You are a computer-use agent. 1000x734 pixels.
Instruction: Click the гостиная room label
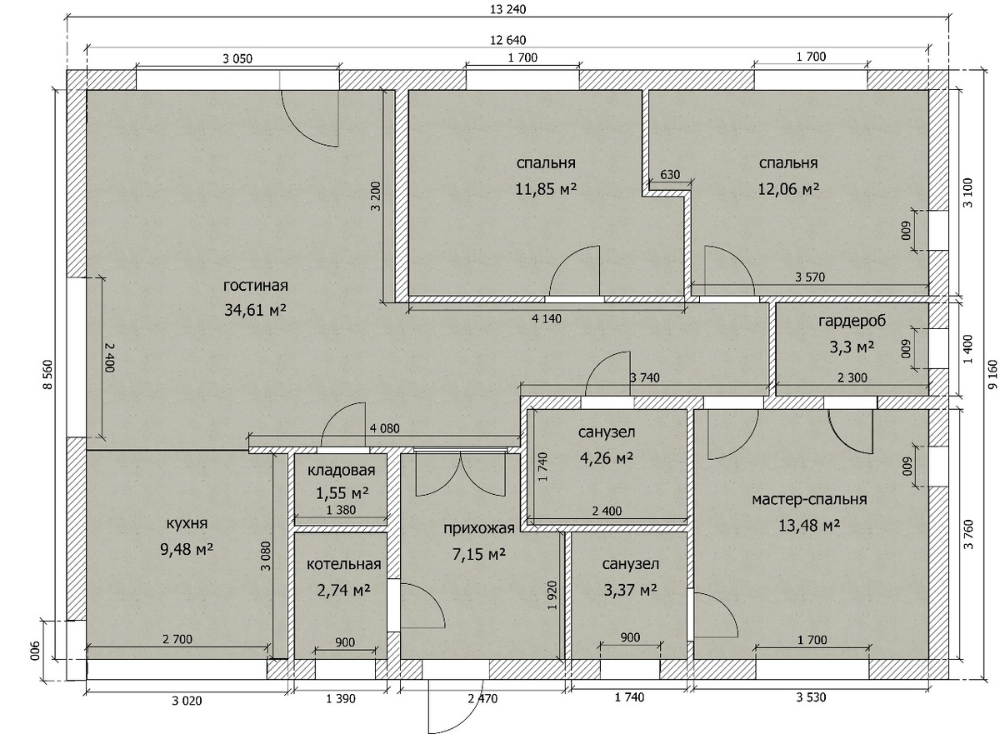(x=255, y=286)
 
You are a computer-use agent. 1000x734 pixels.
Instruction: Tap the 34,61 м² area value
(x=255, y=310)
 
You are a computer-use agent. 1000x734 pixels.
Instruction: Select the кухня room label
(x=187, y=523)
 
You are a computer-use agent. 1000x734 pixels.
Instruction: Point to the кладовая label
(x=341, y=470)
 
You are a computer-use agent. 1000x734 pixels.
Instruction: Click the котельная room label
(x=343, y=564)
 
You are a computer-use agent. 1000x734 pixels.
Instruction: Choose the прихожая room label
(x=479, y=529)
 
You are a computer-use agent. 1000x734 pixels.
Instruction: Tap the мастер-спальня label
(x=809, y=499)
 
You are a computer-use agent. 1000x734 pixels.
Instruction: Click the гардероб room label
(x=852, y=321)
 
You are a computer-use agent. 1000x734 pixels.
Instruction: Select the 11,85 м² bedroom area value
(x=546, y=189)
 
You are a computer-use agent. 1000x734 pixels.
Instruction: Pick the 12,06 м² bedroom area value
(x=789, y=189)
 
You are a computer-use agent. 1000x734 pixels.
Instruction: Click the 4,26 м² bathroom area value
(x=607, y=457)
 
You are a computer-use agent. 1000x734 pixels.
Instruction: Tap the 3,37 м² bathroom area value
(x=630, y=591)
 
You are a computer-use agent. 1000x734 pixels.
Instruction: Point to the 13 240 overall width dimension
(x=508, y=9)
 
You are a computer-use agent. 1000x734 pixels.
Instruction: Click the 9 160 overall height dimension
(x=992, y=375)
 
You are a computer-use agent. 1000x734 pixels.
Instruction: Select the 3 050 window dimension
(x=237, y=58)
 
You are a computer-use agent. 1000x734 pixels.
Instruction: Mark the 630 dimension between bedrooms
(x=670, y=174)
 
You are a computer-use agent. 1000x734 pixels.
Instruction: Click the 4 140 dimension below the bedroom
(x=547, y=318)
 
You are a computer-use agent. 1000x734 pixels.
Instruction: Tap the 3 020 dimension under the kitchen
(x=187, y=701)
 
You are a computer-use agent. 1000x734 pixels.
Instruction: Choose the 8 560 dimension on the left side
(x=47, y=374)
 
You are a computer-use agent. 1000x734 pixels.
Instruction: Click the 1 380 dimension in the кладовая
(x=341, y=510)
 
